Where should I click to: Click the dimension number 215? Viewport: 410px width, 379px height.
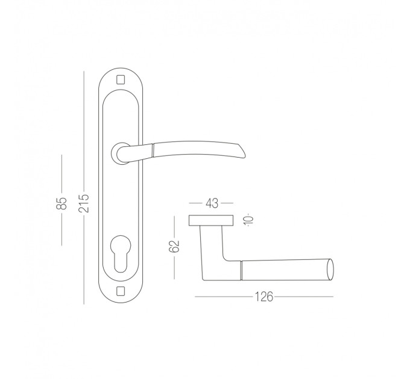(84, 203)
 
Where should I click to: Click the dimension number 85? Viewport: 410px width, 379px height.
(62, 203)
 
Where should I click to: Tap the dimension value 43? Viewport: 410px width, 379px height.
(212, 203)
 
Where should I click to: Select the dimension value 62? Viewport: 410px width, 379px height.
(174, 246)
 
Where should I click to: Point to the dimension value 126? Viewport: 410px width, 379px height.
(264, 297)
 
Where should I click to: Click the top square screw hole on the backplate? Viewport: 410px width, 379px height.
(120, 79)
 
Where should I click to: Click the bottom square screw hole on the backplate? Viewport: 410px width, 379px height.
(120, 291)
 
